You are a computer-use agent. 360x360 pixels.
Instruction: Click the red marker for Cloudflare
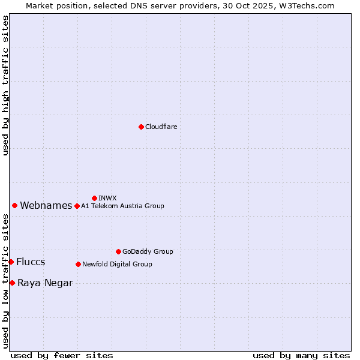tap(141, 127)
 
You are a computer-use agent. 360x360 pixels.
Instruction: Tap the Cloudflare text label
tap(161, 127)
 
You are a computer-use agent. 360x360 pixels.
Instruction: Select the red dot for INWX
tap(94, 198)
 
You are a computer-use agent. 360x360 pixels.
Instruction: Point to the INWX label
tap(107, 198)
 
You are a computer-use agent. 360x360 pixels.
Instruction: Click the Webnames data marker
tap(15, 205)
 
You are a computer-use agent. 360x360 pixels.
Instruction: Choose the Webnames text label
tap(46, 206)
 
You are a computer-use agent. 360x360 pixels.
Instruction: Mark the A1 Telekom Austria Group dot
tap(77, 206)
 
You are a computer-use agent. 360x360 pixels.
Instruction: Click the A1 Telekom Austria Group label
tap(122, 206)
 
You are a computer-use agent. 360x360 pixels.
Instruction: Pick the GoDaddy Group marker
tap(118, 251)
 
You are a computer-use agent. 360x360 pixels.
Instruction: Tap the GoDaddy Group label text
tap(148, 251)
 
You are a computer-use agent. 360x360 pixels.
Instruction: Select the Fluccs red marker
tap(11, 262)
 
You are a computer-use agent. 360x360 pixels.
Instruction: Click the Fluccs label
tap(31, 262)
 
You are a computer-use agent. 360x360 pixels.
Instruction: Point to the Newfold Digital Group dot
tap(78, 264)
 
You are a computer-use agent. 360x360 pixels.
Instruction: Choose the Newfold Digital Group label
tap(117, 264)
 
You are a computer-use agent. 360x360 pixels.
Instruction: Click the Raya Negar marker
tap(12, 283)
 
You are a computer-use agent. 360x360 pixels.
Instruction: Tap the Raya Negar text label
tap(45, 283)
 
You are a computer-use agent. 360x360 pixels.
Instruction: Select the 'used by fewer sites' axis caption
tap(62, 355)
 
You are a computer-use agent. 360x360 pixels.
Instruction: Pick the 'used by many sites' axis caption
tap(301, 355)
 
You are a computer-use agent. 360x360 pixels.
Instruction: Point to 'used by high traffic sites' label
tap(5, 85)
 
